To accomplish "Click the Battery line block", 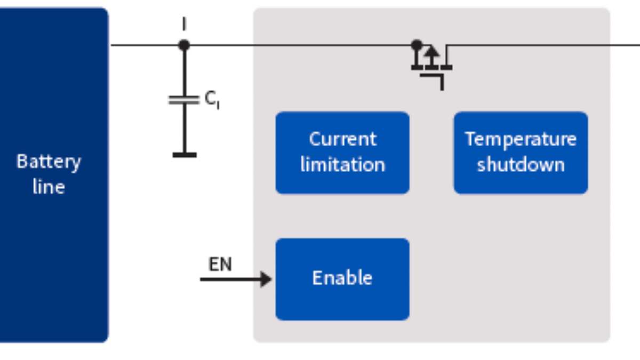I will click(53, 174).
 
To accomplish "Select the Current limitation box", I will click(342, 153).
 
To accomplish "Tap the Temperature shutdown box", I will click(521, 153).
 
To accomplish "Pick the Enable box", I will click(342, 279).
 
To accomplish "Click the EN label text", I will click(220, 265).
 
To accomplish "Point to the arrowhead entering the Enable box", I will click(266, 279).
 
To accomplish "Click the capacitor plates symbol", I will click(184, 100).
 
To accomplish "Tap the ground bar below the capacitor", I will click(184, 155).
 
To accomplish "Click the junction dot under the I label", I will click(184, 45).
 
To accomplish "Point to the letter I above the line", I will click(184, 25).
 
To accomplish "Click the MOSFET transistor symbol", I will click(432, 64).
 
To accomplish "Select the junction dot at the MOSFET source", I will click(417, 45).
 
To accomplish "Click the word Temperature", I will click(521, 140).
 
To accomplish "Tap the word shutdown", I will click(521, 165).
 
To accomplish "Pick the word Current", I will click(342, 140).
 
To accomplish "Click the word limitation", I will click(342, 165).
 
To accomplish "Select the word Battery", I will click(49, 161).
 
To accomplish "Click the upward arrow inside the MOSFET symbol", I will click(432, 53).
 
